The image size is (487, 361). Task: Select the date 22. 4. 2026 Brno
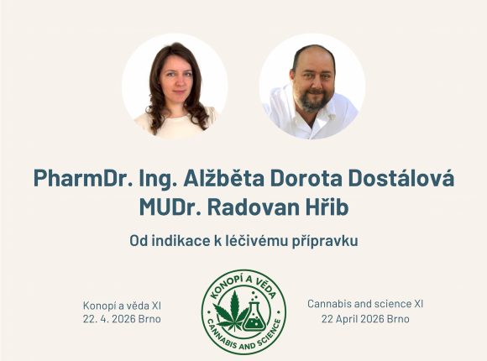point(123,320)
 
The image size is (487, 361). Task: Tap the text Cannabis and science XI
point(365,304)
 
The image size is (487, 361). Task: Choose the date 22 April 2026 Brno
point(365,320)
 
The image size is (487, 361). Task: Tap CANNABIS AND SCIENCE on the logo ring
point(243,342)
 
